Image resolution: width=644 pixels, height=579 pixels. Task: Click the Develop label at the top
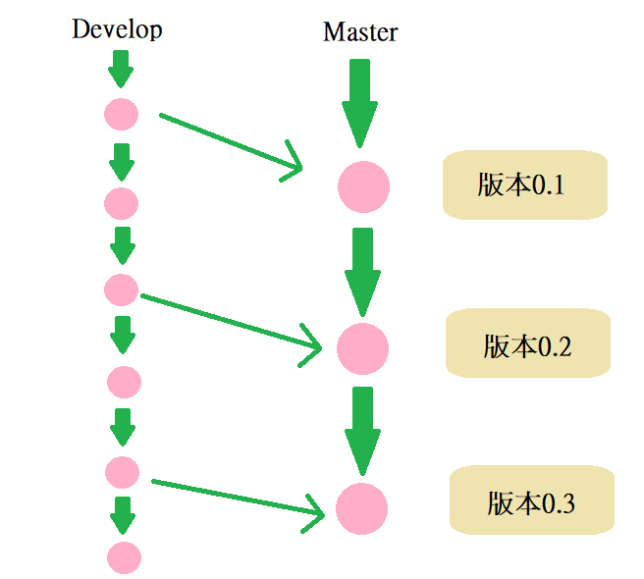(x=117, y=29)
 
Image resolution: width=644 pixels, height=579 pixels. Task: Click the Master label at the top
(x=360, y=32)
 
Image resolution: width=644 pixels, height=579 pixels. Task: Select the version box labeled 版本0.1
(x=521, y=184)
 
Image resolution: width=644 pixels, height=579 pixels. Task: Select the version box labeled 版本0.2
(x=526, y=344)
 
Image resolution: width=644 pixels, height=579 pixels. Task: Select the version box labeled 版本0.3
(x=531, y=502)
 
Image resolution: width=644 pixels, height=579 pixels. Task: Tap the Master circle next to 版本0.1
(x=363, y=186)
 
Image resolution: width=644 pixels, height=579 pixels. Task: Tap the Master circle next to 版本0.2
(x=362, y=347)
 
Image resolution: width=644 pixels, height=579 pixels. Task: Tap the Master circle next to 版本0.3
(x=361, y=508)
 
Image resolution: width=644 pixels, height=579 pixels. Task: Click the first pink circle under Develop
(x=121, y=114)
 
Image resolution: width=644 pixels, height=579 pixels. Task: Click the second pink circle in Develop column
(x=121, y=203)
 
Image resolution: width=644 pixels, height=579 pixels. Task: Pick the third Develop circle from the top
(x=120, y=289)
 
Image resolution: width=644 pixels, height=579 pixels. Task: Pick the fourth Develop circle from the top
(x=124, y=381)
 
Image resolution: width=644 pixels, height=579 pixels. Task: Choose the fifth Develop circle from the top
(x=122, y=471)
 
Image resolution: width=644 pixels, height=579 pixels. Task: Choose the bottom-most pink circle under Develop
(x=124, y=557)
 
